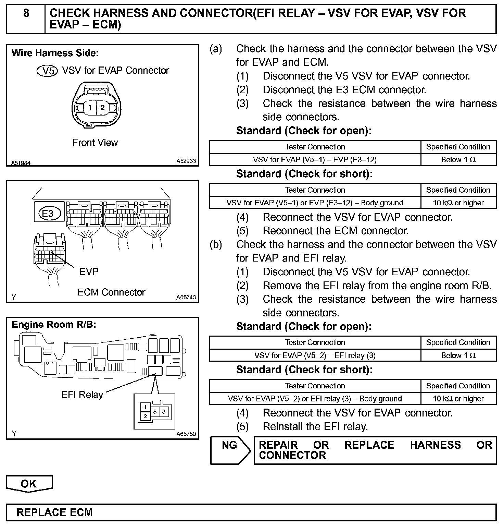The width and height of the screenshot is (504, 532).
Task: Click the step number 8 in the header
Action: (26, 13)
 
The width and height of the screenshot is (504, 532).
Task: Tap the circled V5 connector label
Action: (48, 71)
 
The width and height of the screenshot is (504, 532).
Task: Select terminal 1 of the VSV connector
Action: (90, 108)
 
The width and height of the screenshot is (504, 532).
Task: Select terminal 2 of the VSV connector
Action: (102, 108)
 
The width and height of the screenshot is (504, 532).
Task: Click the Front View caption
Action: (95, 143)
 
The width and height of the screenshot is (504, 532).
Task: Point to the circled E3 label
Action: (48, 213)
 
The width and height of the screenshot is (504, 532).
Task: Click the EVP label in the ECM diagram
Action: (89, 271)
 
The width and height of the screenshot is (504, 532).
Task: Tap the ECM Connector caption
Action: (111, 292)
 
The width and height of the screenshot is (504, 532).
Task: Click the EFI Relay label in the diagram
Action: (82, 395)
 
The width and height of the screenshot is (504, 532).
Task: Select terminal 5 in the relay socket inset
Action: (155, 411)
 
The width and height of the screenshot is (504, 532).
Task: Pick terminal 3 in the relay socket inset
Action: (164, 411)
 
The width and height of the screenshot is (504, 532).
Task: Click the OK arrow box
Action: (29, 484)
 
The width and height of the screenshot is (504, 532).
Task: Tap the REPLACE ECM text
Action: (55, 512)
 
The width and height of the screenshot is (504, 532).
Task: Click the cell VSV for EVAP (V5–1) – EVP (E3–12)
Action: (315, 160)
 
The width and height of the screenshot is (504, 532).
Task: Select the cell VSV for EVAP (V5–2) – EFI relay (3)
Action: (315, 355)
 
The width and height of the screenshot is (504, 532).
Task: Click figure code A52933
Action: (186, 161)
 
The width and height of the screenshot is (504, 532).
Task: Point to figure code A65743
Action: (186, 297)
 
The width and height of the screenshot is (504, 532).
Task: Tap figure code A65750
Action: (186, 434)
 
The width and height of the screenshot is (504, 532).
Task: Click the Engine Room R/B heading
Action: (54, 325)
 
